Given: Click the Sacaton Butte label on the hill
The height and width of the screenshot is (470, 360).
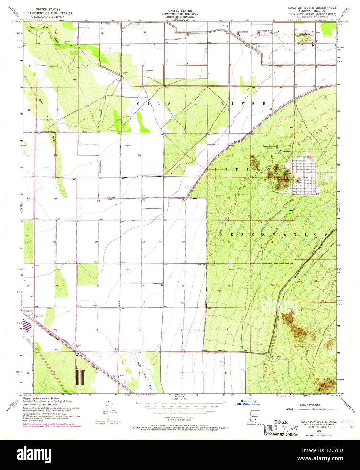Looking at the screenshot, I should pos(285,179).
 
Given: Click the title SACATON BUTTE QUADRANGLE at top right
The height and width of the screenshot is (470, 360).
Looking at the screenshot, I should pos(312,7).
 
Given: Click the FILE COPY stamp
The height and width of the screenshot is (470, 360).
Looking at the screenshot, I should pos(280,429).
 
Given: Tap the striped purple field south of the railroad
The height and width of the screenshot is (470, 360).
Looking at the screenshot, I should pos(80,377).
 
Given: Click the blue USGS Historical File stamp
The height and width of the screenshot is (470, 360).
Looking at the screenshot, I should pos(248,401).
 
